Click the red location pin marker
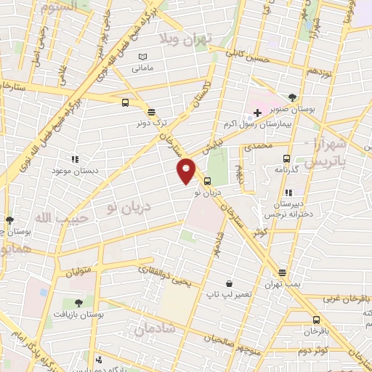point(186,170)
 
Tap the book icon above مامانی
point(142,57)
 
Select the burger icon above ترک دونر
point(151,112)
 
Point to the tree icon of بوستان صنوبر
point(293,97)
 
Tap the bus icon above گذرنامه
point(286,158)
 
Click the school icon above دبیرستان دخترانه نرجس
point(289,193)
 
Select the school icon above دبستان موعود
point(73,158)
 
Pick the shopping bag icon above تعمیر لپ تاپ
point(230,284)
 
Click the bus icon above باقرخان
point(316,320)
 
